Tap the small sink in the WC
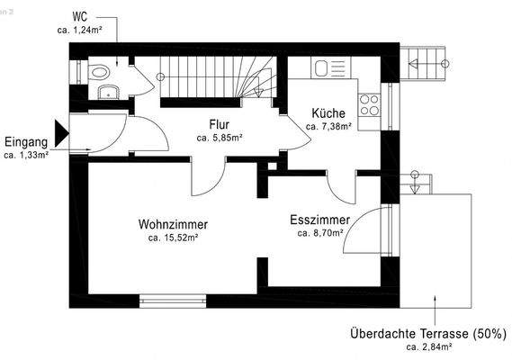(106, 89)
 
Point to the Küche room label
(328, 113)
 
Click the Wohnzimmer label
(174, 224)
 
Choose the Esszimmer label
(319, 220)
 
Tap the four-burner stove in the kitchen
(370, 105)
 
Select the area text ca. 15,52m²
(174, 238)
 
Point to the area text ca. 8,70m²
(320, 233)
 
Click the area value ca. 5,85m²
(220, 138)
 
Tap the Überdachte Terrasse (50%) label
(428, 333)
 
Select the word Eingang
(26, 141)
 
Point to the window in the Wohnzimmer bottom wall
(167, 301)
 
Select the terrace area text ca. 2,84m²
(428, 346)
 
